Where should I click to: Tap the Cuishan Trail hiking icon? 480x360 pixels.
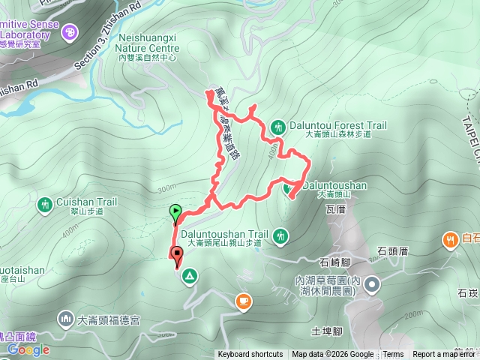tap(46, 203)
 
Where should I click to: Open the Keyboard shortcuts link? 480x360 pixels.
tap(250, 355)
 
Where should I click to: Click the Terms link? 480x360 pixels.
tap(393, 355)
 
